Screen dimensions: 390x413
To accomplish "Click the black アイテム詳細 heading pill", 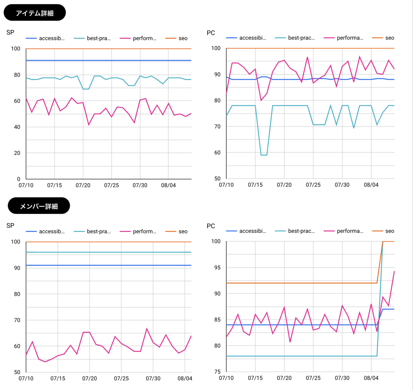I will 34,13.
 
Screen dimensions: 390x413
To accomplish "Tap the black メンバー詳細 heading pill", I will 39,206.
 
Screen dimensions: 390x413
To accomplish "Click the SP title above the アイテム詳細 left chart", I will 10,32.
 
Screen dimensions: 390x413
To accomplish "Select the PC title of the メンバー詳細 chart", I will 211,226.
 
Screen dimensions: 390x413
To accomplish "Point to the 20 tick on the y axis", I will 17,153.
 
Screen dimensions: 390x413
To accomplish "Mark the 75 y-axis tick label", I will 217,372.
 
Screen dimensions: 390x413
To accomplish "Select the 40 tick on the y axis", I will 17,127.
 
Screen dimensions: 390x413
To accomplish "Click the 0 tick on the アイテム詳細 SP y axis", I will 19,179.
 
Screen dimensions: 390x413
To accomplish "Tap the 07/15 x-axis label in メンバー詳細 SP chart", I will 58,378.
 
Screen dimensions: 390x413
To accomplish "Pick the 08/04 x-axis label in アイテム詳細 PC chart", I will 371,185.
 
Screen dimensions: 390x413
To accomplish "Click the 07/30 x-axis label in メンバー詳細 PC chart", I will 342,378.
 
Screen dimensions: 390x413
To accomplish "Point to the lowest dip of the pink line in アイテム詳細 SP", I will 89,125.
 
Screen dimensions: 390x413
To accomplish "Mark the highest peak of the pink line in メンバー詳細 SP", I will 147,328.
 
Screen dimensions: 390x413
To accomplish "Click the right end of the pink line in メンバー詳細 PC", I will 394,271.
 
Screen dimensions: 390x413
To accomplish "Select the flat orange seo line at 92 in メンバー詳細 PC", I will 299,283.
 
